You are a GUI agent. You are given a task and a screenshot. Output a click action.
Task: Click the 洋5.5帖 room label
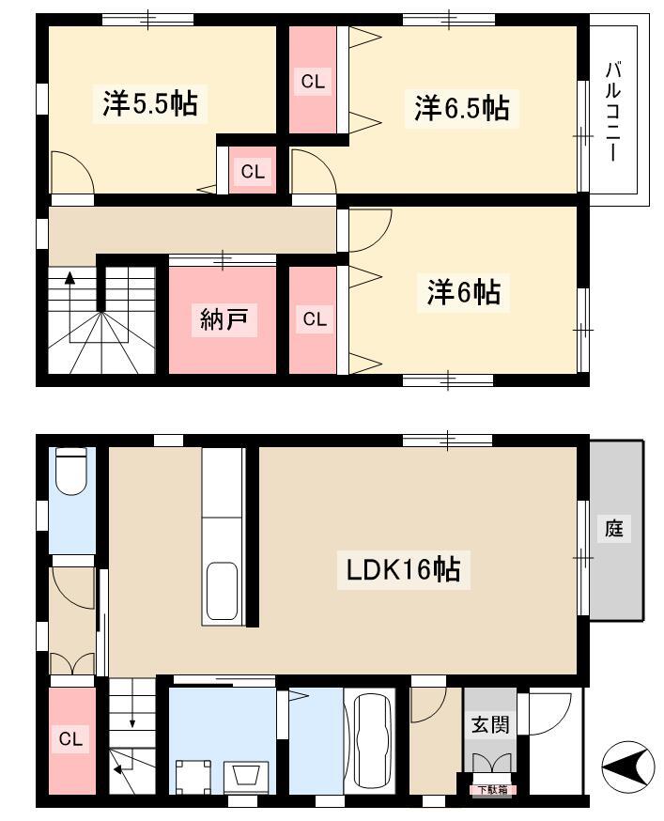pos(149,103)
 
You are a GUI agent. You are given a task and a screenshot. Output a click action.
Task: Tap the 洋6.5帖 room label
pos(462,108)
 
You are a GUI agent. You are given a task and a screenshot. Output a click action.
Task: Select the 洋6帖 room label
pos(463,292)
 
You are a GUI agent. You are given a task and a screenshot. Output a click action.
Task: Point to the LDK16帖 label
pos(403,569)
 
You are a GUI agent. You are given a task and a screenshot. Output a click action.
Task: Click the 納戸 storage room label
pos(224,318)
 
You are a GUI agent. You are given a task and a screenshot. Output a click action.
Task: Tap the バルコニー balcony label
pos(613,112)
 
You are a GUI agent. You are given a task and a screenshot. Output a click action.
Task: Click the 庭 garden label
pos(614,528)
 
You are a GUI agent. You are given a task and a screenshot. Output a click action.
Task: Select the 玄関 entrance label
pos(490,725)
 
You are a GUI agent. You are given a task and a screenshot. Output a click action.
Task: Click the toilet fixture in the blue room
pos(71,471)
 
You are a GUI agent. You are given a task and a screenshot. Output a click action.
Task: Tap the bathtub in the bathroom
pos(372,740)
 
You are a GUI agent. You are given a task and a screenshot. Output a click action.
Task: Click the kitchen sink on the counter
pos(222,591)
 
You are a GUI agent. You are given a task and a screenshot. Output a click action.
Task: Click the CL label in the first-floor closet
pos(70,738)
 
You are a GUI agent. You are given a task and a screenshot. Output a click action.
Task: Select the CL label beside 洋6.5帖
pos(313,82)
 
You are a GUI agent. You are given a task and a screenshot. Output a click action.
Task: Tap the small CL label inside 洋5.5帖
pos(253,171)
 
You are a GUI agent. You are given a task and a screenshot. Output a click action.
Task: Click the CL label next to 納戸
pos(315,318)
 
